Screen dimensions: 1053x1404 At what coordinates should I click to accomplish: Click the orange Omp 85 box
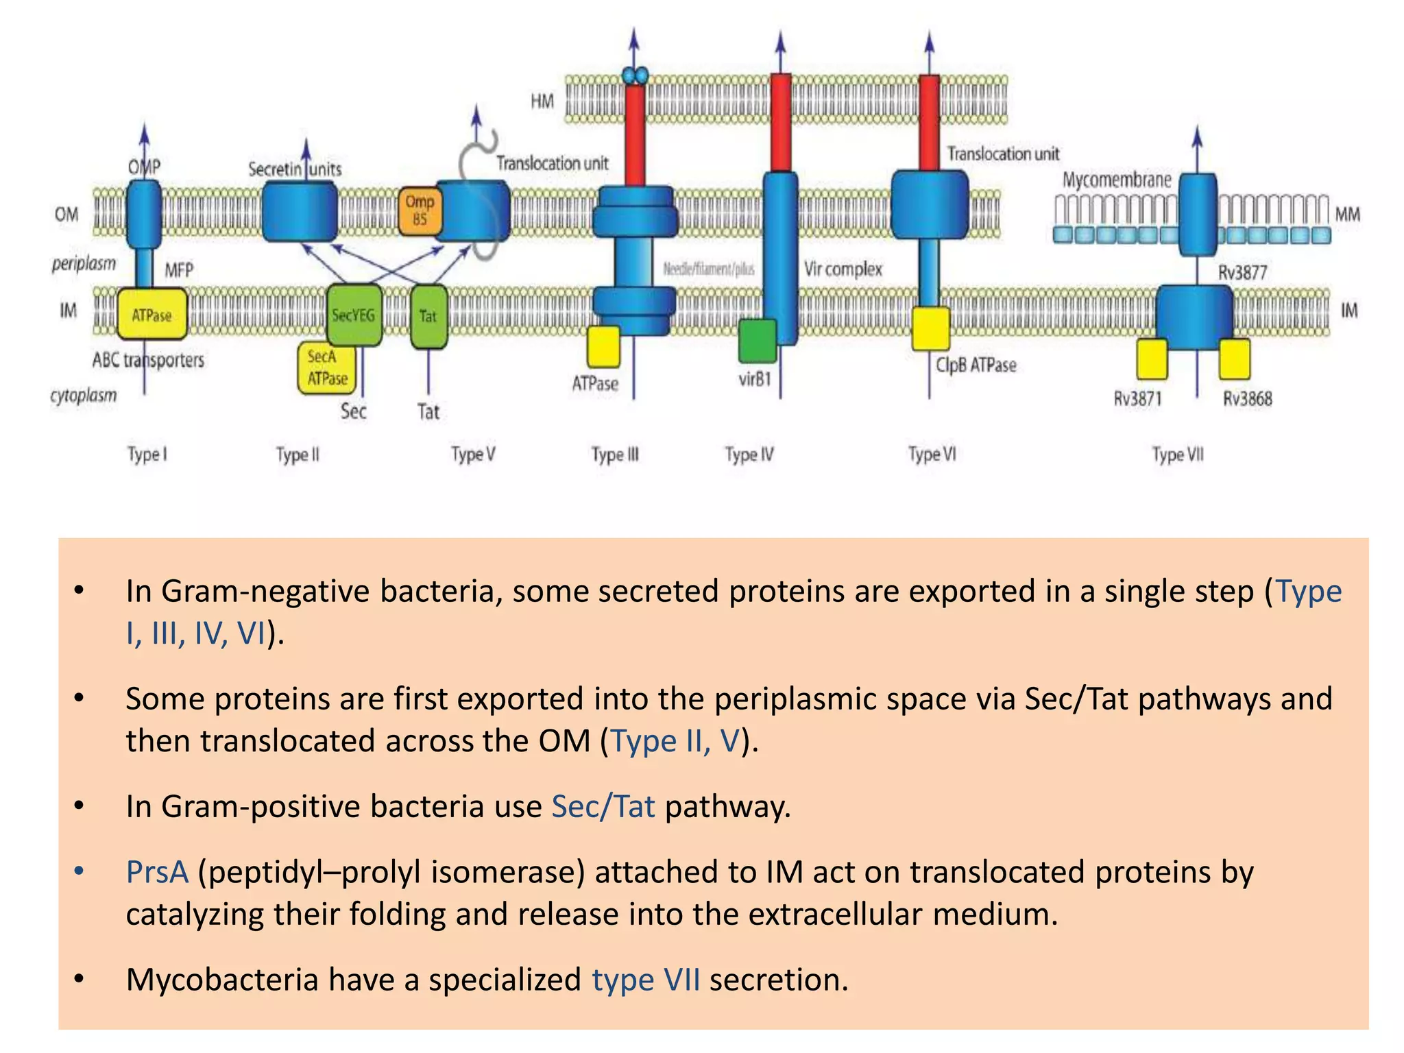point(419,211)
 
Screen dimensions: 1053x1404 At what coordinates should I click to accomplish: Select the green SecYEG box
point(354,315)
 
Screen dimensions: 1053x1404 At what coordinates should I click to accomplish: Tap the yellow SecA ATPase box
point(326,368)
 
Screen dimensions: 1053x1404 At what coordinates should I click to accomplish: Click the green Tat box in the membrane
point(428,316)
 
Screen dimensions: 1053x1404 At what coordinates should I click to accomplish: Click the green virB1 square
point(757,341)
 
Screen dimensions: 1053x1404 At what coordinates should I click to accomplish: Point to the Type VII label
point(1177,455)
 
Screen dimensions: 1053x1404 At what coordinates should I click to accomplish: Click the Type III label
point(615,455)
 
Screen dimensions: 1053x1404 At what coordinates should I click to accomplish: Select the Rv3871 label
point(1137,398)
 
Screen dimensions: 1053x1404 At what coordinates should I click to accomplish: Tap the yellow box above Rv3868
point(1234,359)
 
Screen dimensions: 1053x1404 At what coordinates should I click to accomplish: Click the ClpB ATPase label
point(976,365)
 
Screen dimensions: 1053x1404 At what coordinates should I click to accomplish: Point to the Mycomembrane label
point(1116,180)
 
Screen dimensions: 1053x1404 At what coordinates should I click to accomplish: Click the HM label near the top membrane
point(542,101)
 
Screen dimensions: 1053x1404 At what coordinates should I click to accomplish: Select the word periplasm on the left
point(84,264)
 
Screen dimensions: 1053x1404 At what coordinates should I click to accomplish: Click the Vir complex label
point(843,269)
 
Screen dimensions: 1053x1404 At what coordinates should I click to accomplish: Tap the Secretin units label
point(295,169)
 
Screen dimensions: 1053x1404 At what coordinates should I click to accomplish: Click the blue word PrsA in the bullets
point(157,872)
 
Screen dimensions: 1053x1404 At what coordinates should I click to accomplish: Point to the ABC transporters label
point(148,360)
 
